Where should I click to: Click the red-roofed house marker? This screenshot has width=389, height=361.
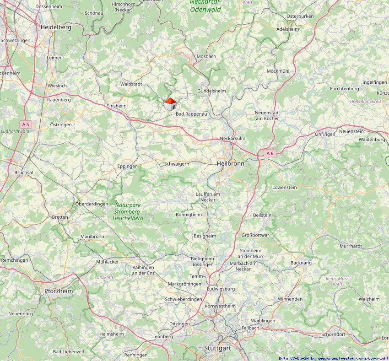(170, 104)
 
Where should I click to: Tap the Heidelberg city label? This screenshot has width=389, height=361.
(56, 27)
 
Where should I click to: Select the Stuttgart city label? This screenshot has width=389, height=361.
(217, 348)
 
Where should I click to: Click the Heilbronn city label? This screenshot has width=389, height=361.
(230, 163)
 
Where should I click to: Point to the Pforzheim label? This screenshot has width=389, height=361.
(58, 291)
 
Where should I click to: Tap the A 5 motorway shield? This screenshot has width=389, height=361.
(25, 124)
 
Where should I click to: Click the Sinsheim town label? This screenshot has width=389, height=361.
(117, 106)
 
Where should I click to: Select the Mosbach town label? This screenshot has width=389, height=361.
(206, 56)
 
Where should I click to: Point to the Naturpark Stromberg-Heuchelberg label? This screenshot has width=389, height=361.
(128, 212)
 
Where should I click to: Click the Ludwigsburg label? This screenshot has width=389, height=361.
(221, 289)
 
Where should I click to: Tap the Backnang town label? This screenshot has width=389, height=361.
(301, 263)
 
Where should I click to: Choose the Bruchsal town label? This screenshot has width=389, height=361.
(24, 172)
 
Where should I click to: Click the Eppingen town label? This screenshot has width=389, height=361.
(127, 167)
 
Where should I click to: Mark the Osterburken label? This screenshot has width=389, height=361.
(300, 16)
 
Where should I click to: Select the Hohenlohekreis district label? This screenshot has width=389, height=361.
(366, 101)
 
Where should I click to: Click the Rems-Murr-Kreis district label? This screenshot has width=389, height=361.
(337, 281)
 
